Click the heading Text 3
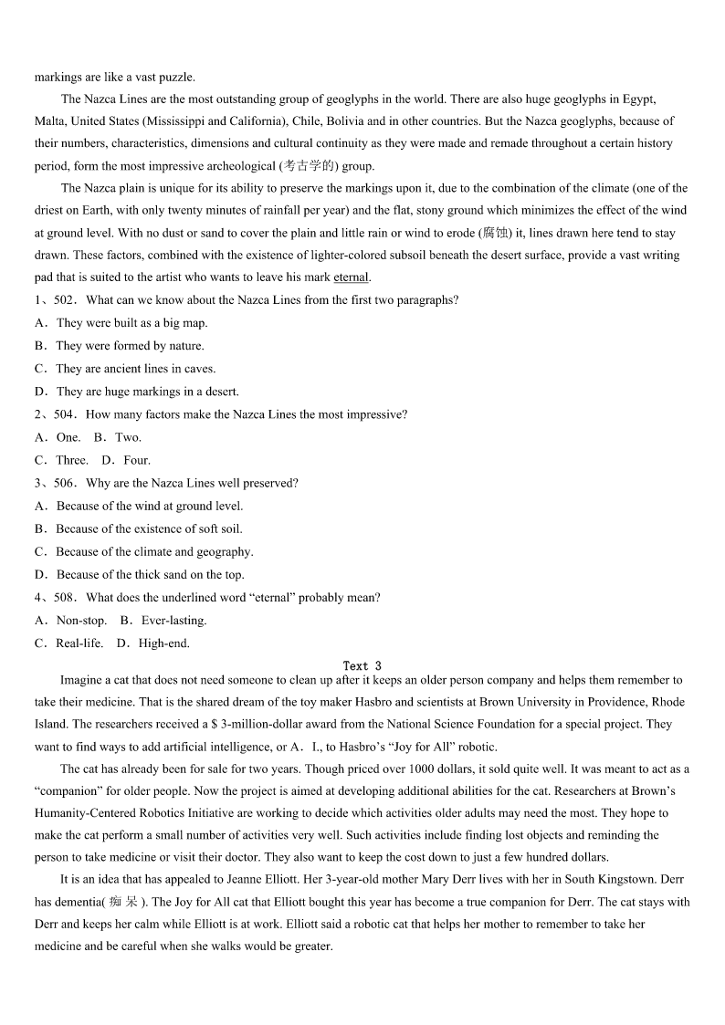pos(362,666)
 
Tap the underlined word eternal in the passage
pos(351,277)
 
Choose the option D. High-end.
pos(153,643)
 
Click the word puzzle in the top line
pos(177,77)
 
